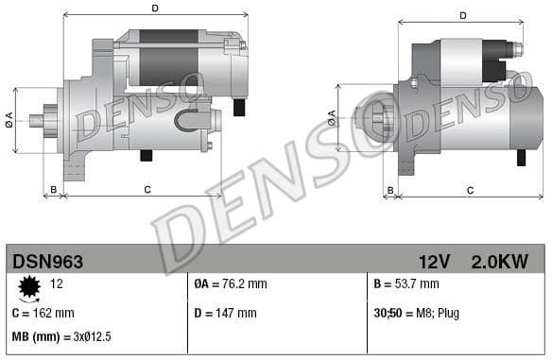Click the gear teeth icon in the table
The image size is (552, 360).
[27, 286]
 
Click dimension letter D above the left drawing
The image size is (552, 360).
[155, 9]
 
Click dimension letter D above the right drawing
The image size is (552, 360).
[463, 15]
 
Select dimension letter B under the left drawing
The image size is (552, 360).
[54, 190]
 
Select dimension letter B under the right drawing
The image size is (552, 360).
[389, 190]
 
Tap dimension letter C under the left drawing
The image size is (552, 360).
[147, 190]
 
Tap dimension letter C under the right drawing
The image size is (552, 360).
[470, 190]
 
